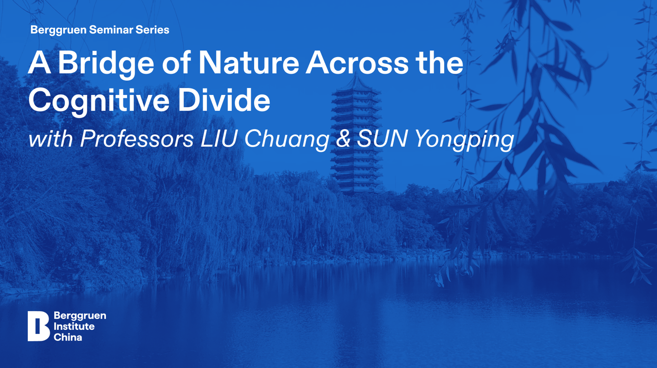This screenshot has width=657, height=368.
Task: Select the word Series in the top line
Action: (152, 30)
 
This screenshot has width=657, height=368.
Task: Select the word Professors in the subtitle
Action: (137, 139)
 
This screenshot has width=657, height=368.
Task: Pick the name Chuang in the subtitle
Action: (287, 140)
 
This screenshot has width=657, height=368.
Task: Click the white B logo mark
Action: (38, 326)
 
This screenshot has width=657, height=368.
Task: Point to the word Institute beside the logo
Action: (74, 326)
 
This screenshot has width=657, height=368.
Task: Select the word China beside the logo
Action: (68, 337)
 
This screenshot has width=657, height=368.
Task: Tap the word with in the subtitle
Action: (50, 139)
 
